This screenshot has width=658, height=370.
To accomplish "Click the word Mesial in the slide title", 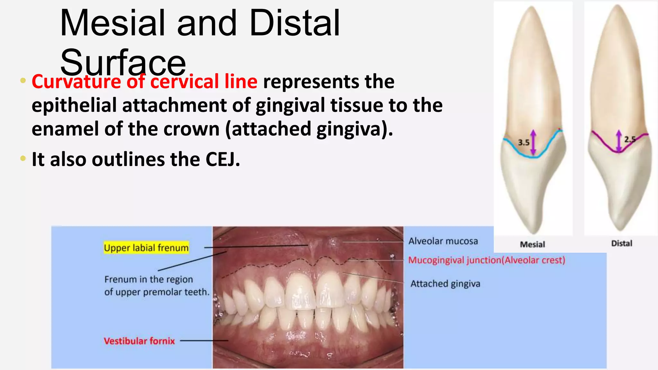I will click(112, 23).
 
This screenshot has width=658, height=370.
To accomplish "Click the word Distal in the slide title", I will click(294, 23).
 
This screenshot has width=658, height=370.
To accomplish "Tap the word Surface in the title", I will click(123, 63).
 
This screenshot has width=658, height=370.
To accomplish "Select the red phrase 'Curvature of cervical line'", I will click(145, 82).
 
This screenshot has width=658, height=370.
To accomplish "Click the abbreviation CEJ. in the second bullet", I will click(223, 159).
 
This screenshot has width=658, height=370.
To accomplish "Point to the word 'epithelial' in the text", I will click(74, 105).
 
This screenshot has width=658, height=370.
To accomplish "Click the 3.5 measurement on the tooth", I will click(524, 142).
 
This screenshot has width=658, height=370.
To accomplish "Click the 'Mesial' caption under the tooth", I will click(532, 244).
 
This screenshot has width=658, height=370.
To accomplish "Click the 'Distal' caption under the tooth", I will click(621, 243).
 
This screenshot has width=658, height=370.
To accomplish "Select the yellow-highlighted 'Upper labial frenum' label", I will click(146, 248).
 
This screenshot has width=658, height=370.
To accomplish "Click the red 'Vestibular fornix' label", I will click(139, 341).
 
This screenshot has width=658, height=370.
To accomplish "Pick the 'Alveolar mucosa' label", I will click(443, 241).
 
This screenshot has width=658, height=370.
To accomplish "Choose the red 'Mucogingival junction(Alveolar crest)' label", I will click(486, 260).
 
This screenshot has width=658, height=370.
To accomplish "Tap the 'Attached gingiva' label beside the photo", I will click(445, 284).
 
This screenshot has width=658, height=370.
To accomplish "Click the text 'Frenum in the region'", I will click(148, 279).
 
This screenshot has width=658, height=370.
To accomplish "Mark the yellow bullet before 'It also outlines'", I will click(23, 158).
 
